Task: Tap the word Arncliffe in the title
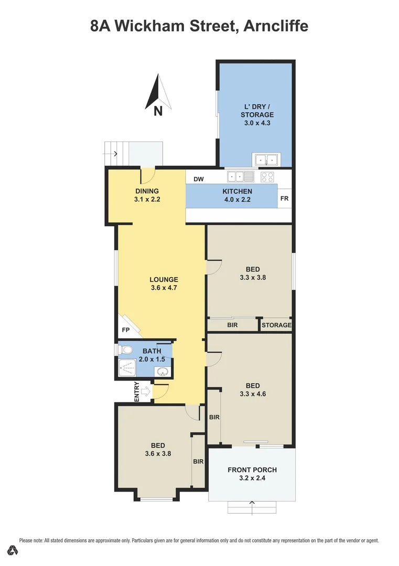(x=276, y=25)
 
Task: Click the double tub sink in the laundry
(x=266, y=159)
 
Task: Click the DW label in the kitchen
(x=199, y=179)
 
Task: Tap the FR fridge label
(x=284, y=199)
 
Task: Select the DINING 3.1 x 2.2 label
(x=147, y=195)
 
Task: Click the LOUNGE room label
(x=164, y=280)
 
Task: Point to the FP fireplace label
(x=125, y=330)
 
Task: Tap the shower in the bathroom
(x=127, y=369)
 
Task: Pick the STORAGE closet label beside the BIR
(x=276, y=325)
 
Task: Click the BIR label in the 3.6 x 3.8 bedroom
(x=198, y=462)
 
